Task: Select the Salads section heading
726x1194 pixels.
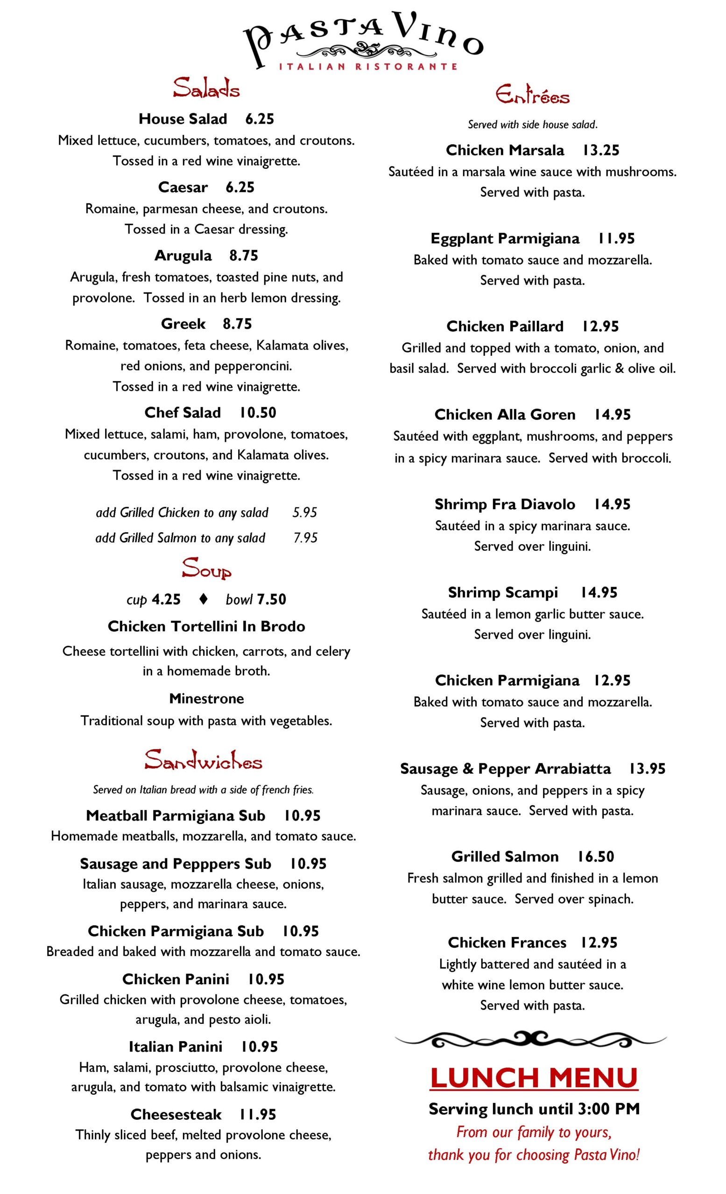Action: (206, 89)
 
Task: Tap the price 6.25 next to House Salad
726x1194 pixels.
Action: (260, 119)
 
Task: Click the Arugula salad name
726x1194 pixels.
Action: (183, 256)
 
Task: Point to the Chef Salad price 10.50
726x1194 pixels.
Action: (258, 412)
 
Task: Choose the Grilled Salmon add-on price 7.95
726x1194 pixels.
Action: (305, 538)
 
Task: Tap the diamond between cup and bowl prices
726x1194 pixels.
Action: (204, 599)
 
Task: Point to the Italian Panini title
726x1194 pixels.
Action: (176, 1047)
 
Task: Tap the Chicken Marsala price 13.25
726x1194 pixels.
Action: (601, 150)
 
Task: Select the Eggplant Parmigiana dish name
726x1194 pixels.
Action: (505, 238)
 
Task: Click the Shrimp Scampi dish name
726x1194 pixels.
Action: (503, 592)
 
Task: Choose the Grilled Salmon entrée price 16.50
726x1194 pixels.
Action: (596, 856)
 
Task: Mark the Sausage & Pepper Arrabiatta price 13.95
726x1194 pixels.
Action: (647, 769)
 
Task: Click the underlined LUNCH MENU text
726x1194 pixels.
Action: (534, 1079)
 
